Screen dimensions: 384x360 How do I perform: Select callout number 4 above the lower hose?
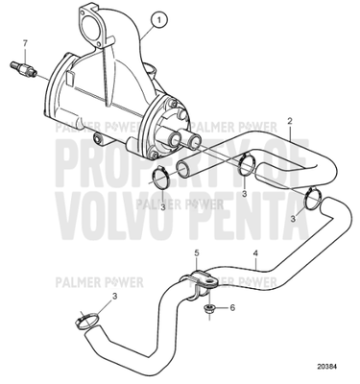tap(256, 255)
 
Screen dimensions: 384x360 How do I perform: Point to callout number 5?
tap(198, 254)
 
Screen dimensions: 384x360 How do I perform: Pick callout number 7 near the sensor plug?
tap(26, 44)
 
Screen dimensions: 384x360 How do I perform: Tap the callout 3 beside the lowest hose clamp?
tap(115, 299)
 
